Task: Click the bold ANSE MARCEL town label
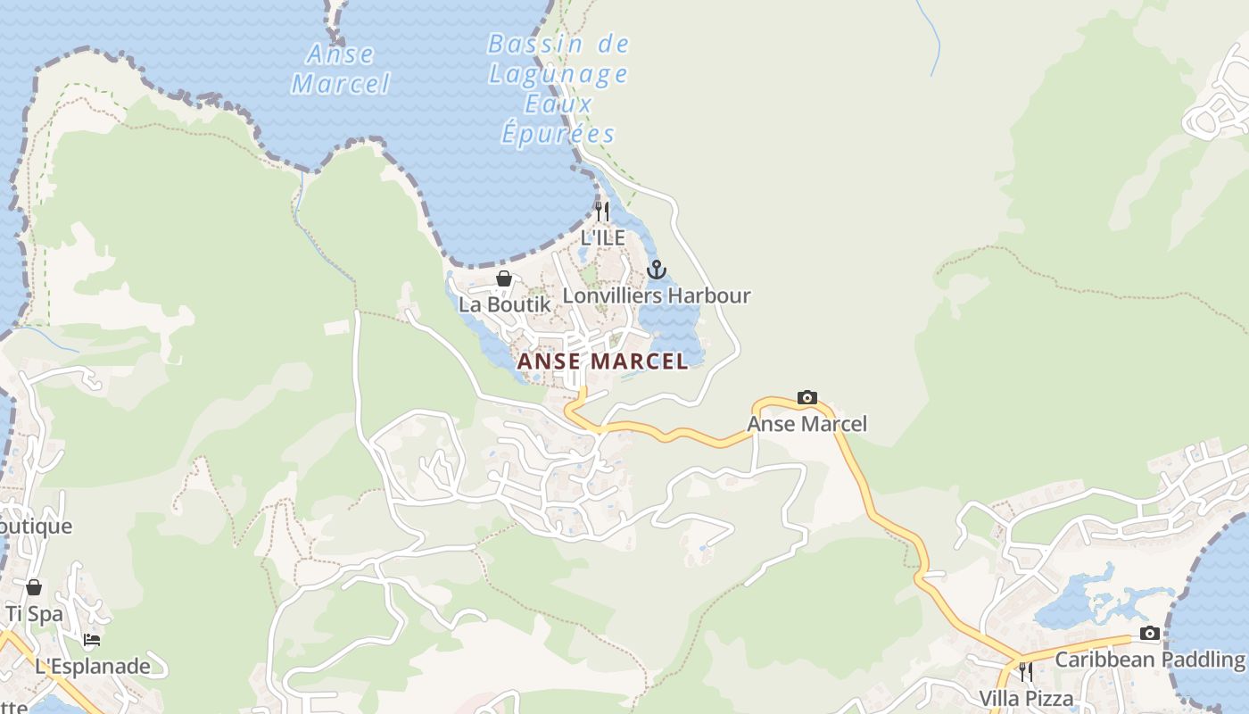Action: [x=603, y=361]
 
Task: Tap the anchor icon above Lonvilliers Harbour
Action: [x=657, y=269]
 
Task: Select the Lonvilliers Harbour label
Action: [x=657, y=295]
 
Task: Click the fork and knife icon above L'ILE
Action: [x=602, y=212]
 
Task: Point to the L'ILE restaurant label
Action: [x=603, y=238]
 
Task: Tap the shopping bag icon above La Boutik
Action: [x=504, y=278]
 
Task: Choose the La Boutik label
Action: [x=504, y=304]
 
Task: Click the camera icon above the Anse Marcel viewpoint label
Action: [x=807, y=397]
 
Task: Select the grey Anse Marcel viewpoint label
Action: [x=807, y=423]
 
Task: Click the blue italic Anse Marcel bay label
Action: [x=341, y=69]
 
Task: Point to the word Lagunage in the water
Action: [x=558, y=74]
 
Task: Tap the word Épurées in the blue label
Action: [x=558, y=134]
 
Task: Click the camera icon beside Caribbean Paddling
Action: [x=1150, y=634]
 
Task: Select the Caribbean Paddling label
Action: [x=1150, y=660]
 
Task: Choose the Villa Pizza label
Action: [x=1026, y=697]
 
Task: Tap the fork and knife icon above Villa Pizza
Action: [x=1026, y=671]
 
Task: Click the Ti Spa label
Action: [x=34, y=613]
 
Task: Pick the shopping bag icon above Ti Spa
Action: [x=34, y=587]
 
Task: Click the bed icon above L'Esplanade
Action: [x=92, y=640]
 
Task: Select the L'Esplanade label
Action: [x=93, y=666]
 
